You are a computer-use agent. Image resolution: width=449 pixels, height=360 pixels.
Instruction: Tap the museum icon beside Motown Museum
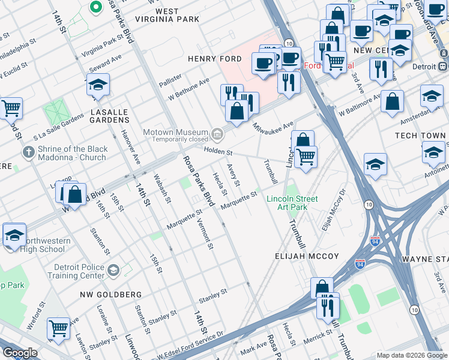click(x=217, y=133)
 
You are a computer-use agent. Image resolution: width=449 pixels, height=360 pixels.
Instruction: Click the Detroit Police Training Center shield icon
click(x=113, y=270)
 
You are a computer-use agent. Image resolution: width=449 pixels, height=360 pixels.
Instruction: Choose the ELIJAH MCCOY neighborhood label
click(x=308, y=256)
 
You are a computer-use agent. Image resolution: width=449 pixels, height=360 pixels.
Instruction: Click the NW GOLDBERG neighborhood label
click(x=111, y=295)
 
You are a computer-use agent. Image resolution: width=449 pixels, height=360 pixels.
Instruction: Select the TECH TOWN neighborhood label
click(x=420, y=136)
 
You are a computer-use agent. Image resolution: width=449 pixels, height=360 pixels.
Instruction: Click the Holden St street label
click(x=218, y=152)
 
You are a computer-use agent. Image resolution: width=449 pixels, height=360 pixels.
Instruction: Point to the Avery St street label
click(x=233, y=176)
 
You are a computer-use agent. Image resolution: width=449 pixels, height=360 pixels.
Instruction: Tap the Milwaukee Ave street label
click(x=273, y=127)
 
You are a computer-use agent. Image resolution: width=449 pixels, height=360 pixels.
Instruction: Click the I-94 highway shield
click(x=375, y=242)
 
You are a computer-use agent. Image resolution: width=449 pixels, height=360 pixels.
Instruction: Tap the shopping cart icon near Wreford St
click(x=58, y=328)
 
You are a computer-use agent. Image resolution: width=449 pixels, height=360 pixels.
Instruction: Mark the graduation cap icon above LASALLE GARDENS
click(x=98, y=85)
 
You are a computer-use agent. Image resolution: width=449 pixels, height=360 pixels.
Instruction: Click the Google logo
click(x=20, y=353)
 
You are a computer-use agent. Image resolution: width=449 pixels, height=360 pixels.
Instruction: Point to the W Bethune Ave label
click(x=188, y=88)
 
